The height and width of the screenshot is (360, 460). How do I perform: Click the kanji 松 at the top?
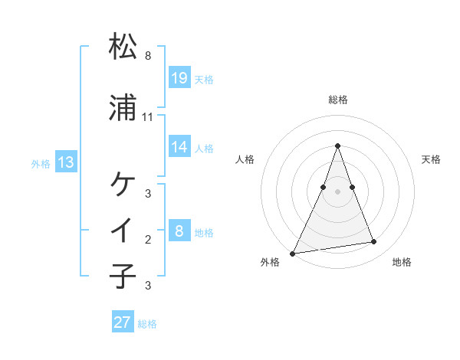pyautogui.click(x=123, y=47)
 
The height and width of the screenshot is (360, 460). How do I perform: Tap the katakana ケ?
pyautogui.click(x=123, y=184)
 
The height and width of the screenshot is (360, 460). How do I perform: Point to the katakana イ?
pyautogui.click(x=123, y=229)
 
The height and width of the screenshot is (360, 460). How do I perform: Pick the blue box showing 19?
pyautogui.click(x=179, y=77)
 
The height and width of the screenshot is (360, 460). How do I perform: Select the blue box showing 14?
pyautogui.click(x=179, y=147)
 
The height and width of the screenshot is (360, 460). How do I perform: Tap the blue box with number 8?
pyautogui.click(x=179, y=231)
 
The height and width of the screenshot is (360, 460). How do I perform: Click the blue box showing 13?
pyautogui.click(x=66, y=162)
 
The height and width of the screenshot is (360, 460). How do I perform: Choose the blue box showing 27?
pyautogui.click(x=123, y=322)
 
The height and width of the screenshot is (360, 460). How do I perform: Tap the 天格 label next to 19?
pyautogui.click(x=204, y=79)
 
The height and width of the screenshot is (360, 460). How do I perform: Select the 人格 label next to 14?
pyautogui.click(x=204, y=149)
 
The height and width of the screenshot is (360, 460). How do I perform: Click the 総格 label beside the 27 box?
pyautogui.click(x=147, y=324)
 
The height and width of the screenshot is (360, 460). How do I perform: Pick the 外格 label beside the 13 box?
pyautogui.click(x=41, y=164)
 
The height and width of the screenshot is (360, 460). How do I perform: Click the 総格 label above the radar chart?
pyautogui.click(x=337, y=100)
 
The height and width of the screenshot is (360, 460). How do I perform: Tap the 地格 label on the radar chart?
pyautogui.click(x=402, y=262)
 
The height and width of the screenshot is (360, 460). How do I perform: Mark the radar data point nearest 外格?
pyautogui.click(x=293, y=253)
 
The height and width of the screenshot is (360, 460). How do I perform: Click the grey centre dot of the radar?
pyautogui.click(x=337, y=191)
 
